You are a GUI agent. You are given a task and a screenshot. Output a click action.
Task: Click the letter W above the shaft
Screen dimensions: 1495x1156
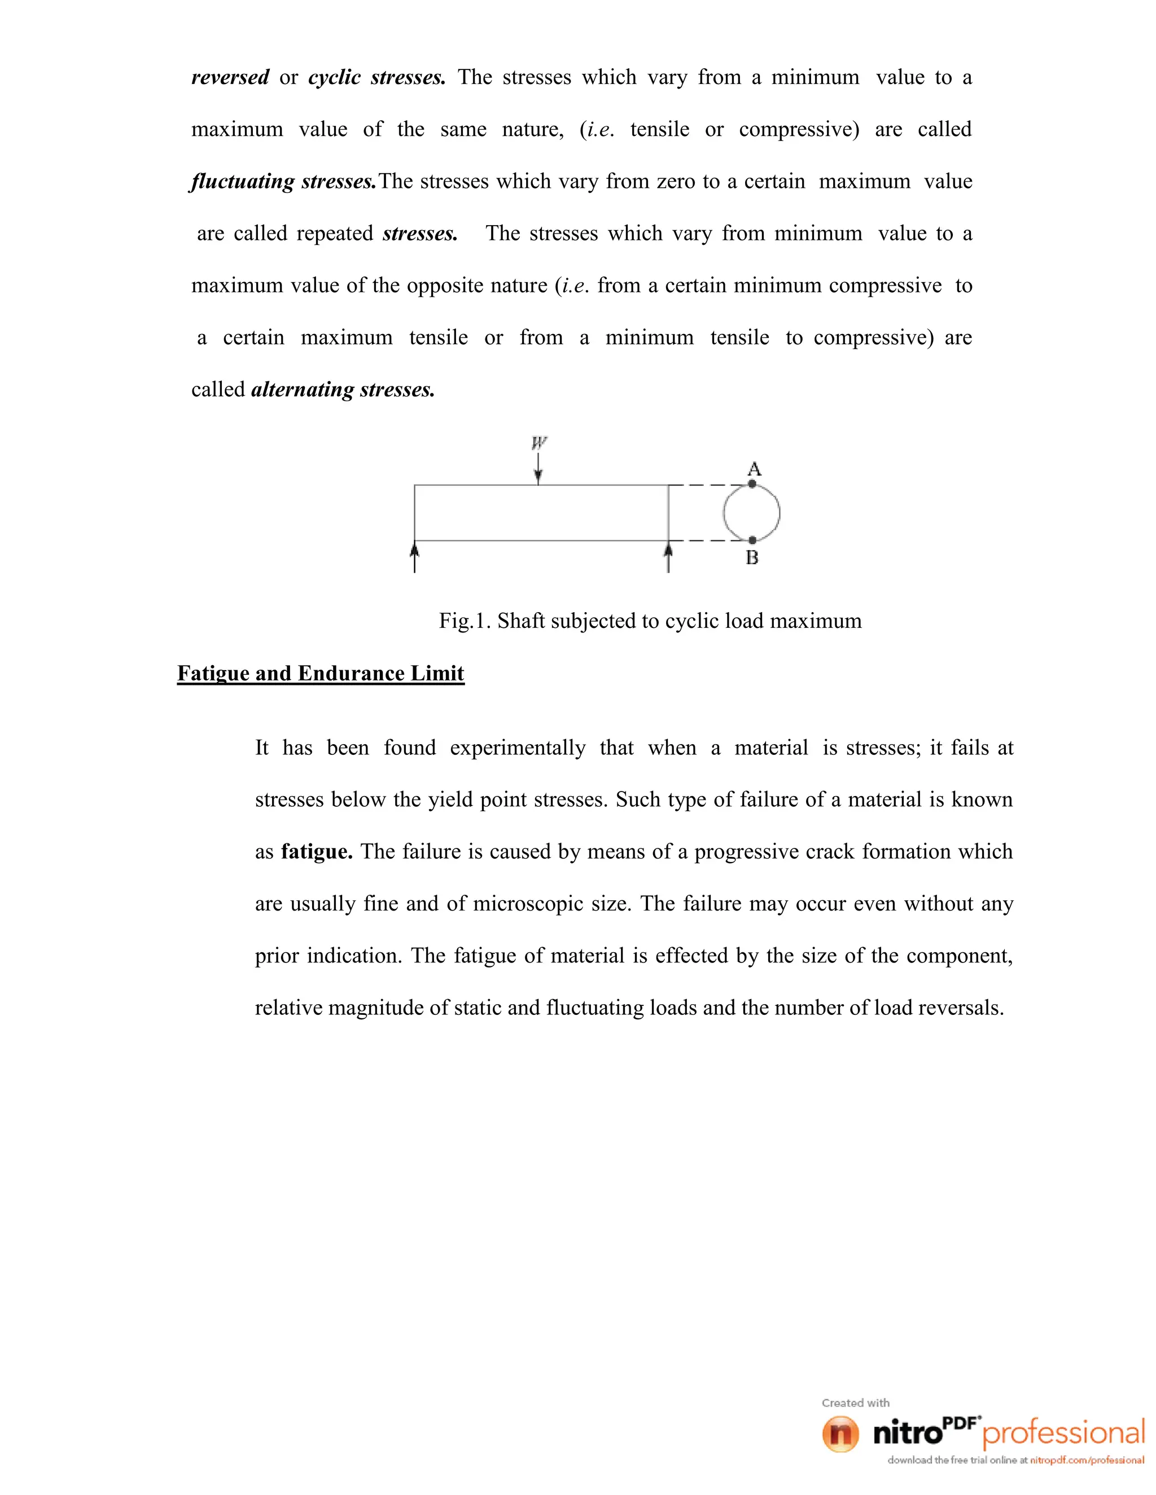click(539, 443)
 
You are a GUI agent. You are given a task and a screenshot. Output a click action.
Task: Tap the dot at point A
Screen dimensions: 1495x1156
click(752, 484)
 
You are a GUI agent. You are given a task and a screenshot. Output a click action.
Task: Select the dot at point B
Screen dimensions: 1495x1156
click(752, 540)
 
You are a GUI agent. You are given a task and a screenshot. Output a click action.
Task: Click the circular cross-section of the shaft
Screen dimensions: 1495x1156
click(752, 512)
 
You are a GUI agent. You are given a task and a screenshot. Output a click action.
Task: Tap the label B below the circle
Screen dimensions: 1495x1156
click(752, 559)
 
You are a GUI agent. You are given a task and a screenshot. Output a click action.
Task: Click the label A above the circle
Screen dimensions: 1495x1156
click(754, 469)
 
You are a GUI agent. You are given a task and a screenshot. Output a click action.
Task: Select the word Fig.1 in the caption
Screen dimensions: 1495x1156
click(465, 621)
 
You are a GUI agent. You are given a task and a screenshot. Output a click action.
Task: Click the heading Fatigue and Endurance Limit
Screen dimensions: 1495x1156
click(321, 674)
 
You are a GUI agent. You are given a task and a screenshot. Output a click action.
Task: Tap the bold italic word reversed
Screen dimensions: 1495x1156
click(230, 77)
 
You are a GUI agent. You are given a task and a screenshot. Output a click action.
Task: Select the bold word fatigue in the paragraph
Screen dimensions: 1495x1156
click(317, 851)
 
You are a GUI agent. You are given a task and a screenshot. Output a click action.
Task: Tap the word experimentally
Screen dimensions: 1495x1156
click(518, 747)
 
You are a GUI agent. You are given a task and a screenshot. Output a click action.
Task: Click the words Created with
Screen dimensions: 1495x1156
click(855, 1402)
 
